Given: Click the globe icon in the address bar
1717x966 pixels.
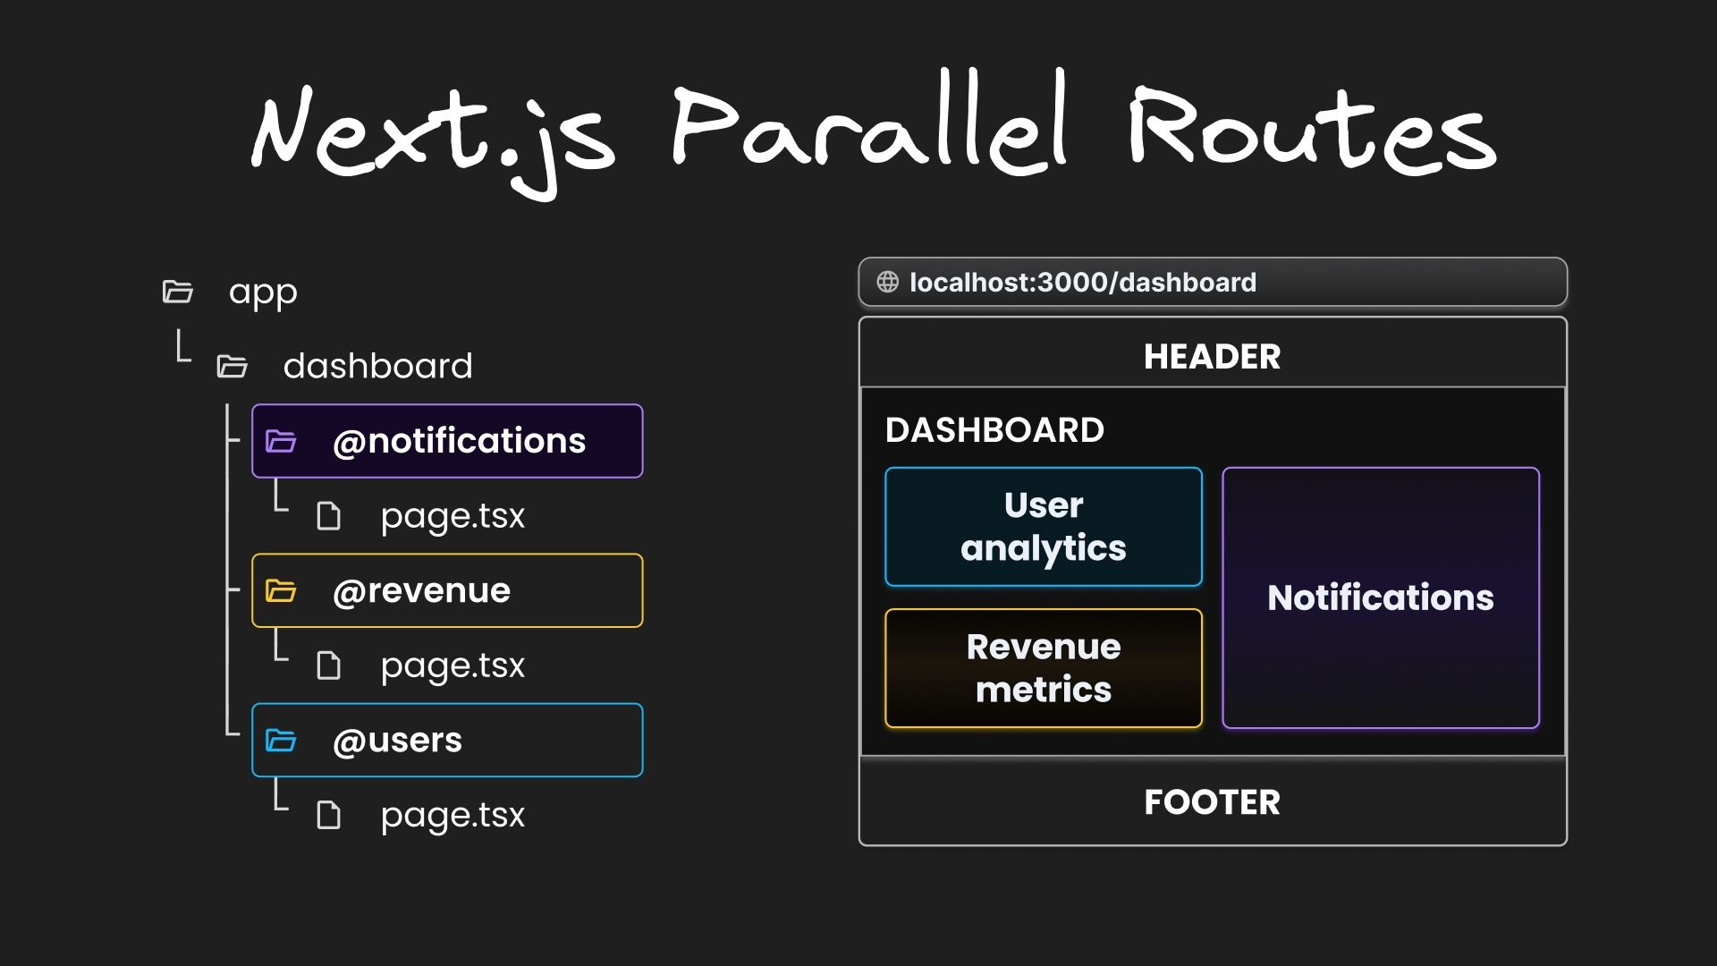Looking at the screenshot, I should [887, 283].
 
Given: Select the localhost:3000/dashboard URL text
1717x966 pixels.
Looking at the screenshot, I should [1082, 283].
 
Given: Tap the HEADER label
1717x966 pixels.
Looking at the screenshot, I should [1212, 357].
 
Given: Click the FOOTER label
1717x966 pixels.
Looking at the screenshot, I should [1212, 802].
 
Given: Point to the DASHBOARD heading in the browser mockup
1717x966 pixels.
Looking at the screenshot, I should [994, 430].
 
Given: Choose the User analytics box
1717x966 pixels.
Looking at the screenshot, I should [1043, 527].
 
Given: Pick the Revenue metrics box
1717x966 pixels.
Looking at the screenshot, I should [1043, 668].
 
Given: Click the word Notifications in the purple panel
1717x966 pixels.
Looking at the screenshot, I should [1380, 597].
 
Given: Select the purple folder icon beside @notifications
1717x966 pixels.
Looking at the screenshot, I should [281, 441].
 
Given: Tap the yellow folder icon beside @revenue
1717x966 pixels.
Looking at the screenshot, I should [281, 591].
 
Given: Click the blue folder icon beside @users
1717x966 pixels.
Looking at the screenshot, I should [281, 741].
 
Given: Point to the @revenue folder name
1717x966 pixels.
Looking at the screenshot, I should [421, 591].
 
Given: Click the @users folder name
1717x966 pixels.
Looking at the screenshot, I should [397, 741].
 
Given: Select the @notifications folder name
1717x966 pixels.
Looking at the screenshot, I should [459, 441].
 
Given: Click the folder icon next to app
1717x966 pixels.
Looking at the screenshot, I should [178, 292].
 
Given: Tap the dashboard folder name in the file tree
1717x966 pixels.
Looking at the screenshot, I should [377, 366].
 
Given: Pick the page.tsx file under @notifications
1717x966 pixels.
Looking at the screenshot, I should [453, 516].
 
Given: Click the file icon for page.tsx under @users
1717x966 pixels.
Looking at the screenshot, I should [329, 815].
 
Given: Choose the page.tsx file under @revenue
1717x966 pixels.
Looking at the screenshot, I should [453, 665].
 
